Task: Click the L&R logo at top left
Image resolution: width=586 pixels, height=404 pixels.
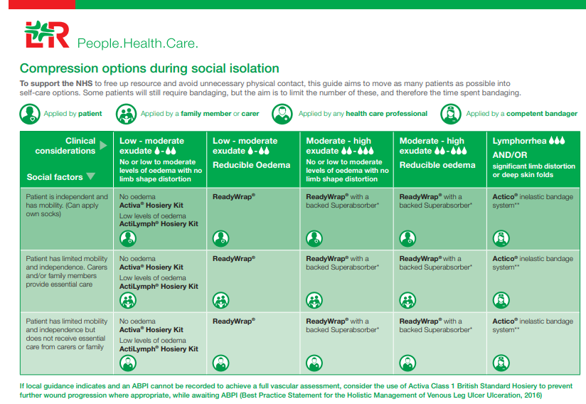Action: coord(46,35)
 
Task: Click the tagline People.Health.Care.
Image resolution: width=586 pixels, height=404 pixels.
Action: coord(137,43)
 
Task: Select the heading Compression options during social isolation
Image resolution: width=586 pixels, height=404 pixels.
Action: coord(149,69)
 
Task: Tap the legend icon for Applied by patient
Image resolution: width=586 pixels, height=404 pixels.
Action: coord(29,114)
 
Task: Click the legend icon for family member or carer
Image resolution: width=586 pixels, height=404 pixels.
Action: coord(126,114)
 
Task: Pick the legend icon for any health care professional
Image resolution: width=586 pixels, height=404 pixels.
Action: coord(282,114)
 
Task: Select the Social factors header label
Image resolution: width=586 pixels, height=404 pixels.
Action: coord(55,177)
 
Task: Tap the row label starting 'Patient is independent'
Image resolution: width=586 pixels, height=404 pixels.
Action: coord(67,206)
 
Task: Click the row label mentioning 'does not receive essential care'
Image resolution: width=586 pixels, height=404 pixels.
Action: coord(67,334)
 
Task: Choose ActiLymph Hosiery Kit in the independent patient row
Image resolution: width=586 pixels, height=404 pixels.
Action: coord(159,224)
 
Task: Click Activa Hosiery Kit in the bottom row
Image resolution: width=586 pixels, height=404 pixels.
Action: coord(151,330)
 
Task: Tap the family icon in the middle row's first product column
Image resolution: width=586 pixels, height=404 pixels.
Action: coord(128,300)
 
